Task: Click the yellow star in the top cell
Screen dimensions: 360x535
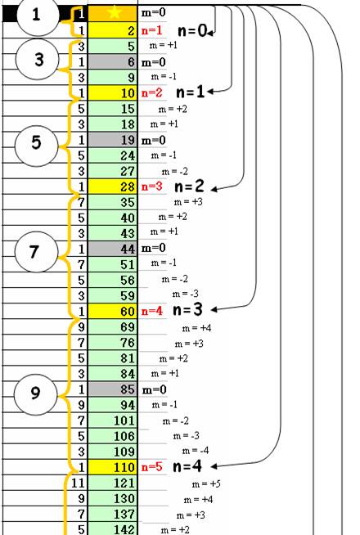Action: point(115,12)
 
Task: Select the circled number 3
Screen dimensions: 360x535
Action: point(38,60)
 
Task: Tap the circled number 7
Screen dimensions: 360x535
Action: point(36,252)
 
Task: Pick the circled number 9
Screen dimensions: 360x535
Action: point(35,393)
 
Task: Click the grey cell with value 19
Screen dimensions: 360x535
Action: point(113,140)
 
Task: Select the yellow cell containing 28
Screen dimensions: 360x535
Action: point(113,187)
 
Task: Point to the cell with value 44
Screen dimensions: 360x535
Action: point(113,249)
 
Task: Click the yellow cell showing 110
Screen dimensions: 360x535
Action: point(113,467)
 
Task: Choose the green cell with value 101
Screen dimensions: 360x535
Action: point(113,420)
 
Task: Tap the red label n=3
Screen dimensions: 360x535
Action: point(152,187)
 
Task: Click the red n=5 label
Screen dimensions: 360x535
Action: point(152,467)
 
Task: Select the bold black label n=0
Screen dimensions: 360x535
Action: point(192,31)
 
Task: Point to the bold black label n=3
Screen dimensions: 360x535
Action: point(188,310)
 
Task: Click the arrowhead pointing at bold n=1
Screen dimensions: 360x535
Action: point(210,92)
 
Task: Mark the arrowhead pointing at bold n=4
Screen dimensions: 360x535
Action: point(214,466)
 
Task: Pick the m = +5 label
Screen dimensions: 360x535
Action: point(206,483)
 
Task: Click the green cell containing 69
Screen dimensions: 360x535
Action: point(113,327)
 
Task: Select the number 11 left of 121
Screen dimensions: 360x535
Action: point(79,483)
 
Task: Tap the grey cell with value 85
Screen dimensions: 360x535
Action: point(113,389)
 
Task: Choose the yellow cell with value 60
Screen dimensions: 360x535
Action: point(113,311)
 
